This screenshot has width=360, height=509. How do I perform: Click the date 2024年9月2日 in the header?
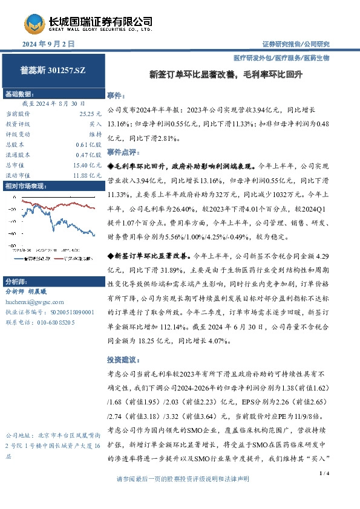point(48,44)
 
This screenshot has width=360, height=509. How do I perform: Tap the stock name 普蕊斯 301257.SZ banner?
point(53,71)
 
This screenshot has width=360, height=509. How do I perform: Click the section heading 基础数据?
point(20,94)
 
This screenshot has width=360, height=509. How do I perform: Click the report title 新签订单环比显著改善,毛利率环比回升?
point(226,76)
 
